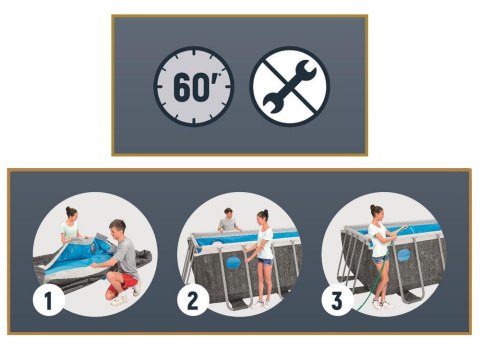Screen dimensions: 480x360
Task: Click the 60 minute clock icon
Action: (x=194, y=86)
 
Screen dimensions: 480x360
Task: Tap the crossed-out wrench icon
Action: (x=290, y=86)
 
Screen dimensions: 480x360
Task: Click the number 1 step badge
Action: (x=49, y=300)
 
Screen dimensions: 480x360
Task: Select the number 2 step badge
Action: (x=193, y=300)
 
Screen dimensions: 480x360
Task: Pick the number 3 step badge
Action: (x=337, y=300)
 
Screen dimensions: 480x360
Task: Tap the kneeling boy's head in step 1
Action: (x=117, y=229)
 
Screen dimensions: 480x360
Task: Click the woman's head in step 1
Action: (x=71, y=214)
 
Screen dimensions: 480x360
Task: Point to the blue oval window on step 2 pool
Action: (x=233, y=263)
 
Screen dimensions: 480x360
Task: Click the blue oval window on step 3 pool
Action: (x=404, y=255)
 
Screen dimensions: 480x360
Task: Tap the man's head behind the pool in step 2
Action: (x=228, y=214)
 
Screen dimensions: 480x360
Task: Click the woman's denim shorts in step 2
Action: (x=264, y=261)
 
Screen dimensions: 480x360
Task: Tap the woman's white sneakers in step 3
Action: (x=381, y=304)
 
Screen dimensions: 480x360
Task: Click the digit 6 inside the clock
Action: (x=183, y=87)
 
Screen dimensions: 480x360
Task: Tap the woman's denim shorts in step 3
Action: (x=380, y=259)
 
